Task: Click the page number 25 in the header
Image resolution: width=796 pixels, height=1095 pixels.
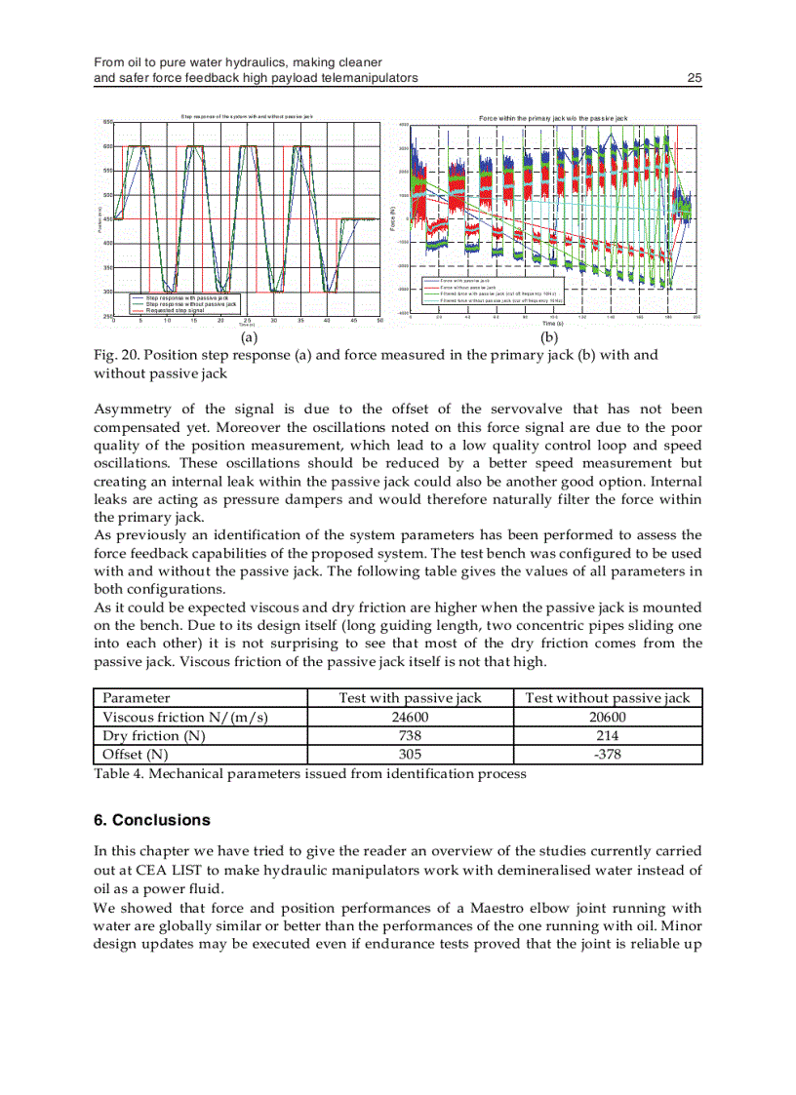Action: (x=695, y=78)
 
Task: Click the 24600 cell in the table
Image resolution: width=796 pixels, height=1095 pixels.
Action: (x=410, y=717)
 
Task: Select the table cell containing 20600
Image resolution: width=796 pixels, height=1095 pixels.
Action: (x=607, y=717)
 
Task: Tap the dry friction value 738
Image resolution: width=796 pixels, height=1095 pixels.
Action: (x=410, y=735)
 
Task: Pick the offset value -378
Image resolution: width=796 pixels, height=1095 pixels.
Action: (x=607, y=754)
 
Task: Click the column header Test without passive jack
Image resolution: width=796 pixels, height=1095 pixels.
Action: (x=607, y=697)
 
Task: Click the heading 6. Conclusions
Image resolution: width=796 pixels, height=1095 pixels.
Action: (x=151, y=820)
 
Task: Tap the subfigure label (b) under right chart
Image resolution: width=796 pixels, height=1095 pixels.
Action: (x=549, y=337)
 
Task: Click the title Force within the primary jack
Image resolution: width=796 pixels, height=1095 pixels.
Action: (x=553, y=118)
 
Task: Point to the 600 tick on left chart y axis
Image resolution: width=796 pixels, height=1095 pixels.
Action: (x=107, y=146)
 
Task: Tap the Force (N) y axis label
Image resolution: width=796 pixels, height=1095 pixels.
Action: (x=392, y=218)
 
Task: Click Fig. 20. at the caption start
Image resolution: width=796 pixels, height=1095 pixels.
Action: (x=116, y=355)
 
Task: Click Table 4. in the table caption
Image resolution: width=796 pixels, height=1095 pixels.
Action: (x=120, y=773)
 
